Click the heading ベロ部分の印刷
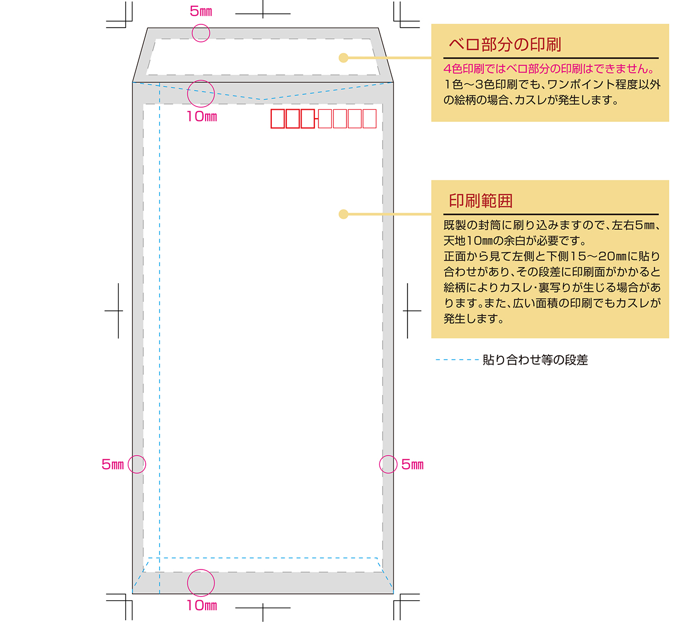504,44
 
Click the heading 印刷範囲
480,200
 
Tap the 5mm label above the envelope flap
201,12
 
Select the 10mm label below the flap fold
202,117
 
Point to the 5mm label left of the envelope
113,465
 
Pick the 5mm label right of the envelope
412,465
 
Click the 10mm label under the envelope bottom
202,606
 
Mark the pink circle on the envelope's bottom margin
201,570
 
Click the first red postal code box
278,119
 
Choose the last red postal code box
370,119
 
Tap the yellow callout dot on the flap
343,58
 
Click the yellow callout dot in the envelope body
343,214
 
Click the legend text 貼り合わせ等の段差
535,360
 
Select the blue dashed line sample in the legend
457,360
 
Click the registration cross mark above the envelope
263,14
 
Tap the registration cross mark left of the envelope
118,311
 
